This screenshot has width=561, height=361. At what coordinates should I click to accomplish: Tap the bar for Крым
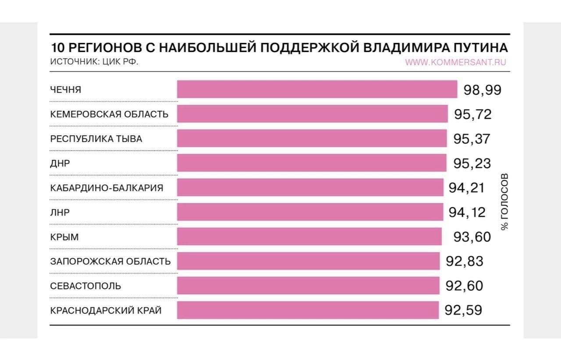click(x=309, y=237)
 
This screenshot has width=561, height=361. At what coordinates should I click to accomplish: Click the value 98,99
click(x=482, y=90)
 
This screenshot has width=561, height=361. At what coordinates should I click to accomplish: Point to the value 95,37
click(x=472, y=139)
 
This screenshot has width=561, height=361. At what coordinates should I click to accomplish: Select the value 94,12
click(x=467, y=212)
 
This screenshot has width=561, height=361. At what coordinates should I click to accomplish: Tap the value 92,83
click(x=465, y=262)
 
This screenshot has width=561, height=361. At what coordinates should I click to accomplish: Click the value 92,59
click(x=463, y=310)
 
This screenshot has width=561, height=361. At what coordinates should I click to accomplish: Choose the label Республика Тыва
click(x=96, y=139)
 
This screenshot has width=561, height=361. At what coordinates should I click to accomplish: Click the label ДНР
click(x=60, y=163)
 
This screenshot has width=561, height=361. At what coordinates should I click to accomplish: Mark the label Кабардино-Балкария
click(x=107, y=188)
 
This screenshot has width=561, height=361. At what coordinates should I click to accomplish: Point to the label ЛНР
click(x=60, y=212)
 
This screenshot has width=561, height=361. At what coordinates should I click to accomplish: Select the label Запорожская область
click(x=110, y=262)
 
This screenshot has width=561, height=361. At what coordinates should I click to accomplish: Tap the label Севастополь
click(x=86, y=286)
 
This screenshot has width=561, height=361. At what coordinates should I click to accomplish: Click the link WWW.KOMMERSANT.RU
click(x=455, y=62)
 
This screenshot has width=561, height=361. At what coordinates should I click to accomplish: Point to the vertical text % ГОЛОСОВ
click(x=504, y=202)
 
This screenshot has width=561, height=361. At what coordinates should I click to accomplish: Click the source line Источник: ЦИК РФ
click(x=94, y=62)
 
